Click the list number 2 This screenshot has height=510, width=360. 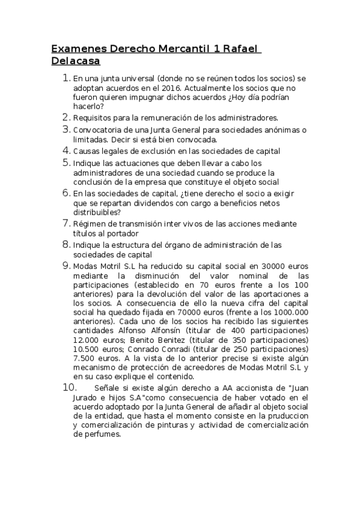[x=66, y=117]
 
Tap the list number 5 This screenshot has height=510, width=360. [x=66, y=163]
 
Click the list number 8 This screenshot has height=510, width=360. [x=66, y=245]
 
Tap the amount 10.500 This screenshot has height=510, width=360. [x=87, y=349]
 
